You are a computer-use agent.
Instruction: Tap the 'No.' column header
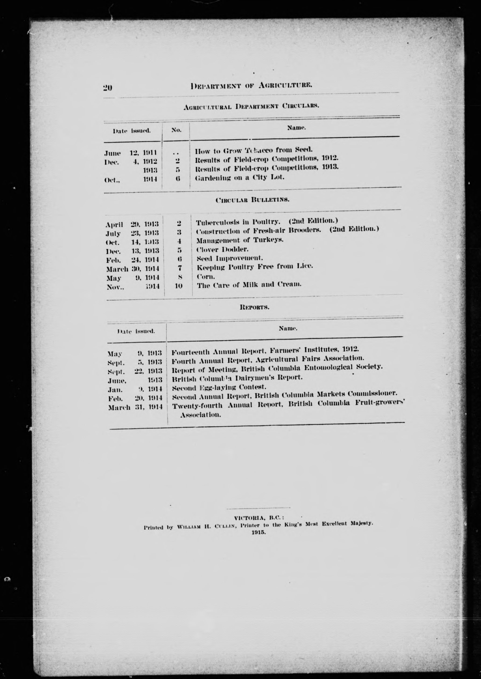[176, 130]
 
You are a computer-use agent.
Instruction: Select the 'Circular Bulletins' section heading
[252, 200]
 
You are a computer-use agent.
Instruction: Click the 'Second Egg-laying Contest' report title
[219, 387]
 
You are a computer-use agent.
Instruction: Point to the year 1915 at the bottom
[259, 532]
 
